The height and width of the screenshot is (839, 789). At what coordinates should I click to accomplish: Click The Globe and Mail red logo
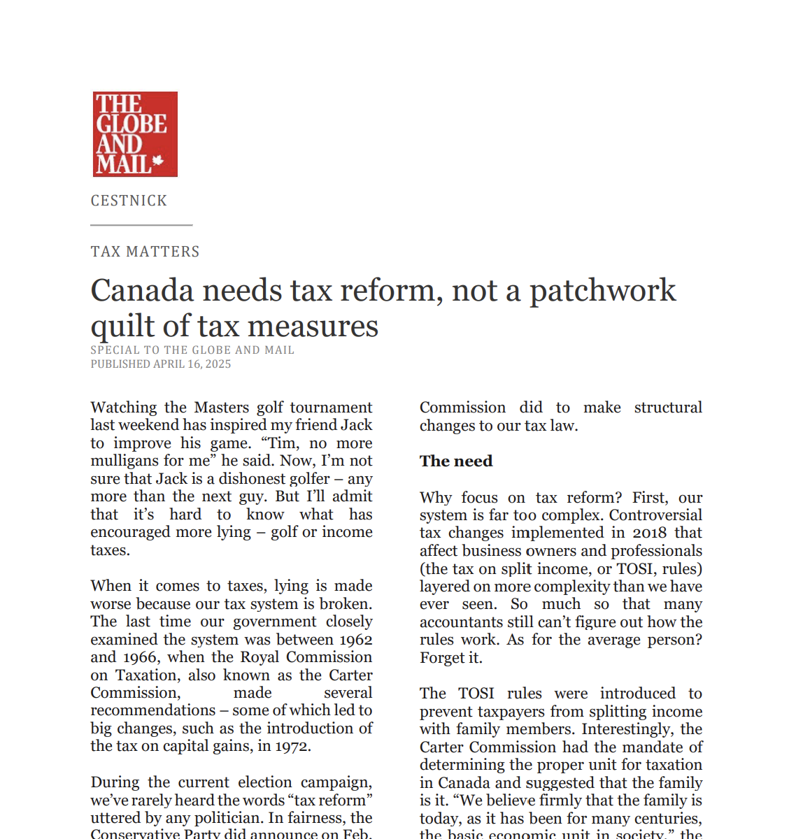(x=135, y=134)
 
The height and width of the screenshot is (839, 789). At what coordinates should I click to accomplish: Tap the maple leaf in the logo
(x=158, y=161)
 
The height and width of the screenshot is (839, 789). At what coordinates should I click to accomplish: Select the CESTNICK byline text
(x=129, y=201)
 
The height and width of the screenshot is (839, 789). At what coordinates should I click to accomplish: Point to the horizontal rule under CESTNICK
(x=141, y=225)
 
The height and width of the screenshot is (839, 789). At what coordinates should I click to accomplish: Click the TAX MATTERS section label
(x=145, y=252)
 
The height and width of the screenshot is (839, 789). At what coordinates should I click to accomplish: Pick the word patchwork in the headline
(x=602, y=291)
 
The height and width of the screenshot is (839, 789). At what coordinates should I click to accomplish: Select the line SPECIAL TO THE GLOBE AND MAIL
(x=192, y=350)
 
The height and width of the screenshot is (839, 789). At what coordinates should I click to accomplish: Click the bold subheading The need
(x=456, y=461)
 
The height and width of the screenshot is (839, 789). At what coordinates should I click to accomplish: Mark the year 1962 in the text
(x=354, y=640)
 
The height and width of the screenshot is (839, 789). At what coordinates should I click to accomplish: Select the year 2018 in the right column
(x=649, y=533)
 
